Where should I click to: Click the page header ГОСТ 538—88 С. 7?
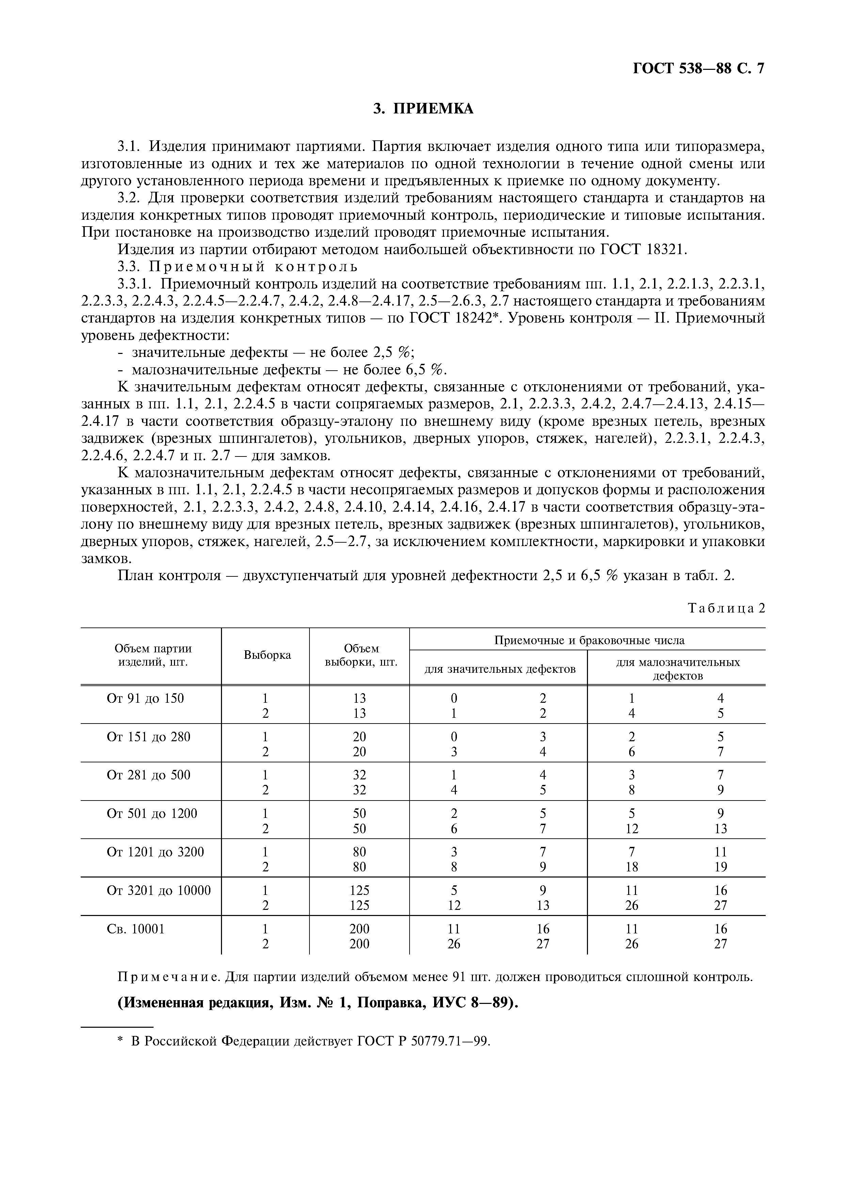698,69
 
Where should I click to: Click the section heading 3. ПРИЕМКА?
423,108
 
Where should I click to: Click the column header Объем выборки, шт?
361,655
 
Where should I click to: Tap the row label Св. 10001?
135,929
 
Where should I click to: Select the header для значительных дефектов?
500,669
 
